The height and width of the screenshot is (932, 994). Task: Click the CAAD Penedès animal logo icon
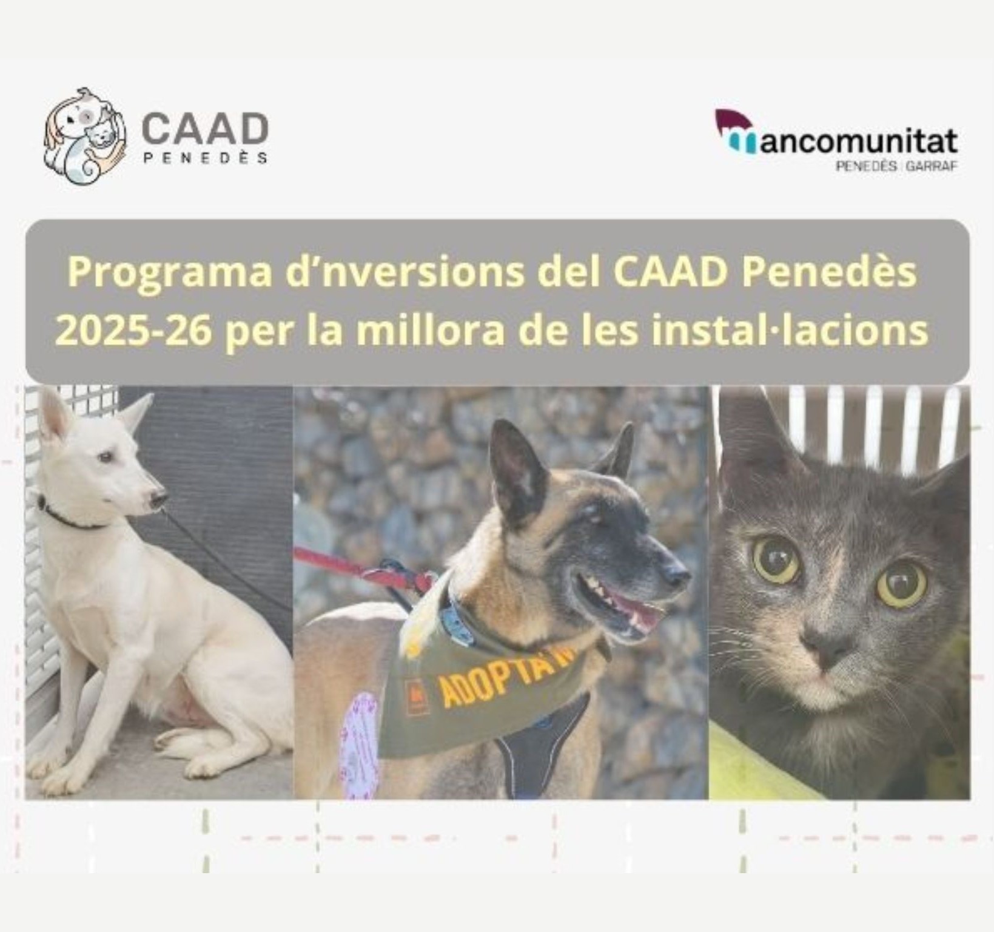(85, 136)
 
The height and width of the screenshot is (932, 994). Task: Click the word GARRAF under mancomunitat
(932, 166)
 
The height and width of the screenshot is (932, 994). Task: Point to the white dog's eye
(107, 457)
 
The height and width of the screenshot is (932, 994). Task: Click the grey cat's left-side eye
(777, 559)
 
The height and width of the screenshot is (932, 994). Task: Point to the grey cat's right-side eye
(902, 584)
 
